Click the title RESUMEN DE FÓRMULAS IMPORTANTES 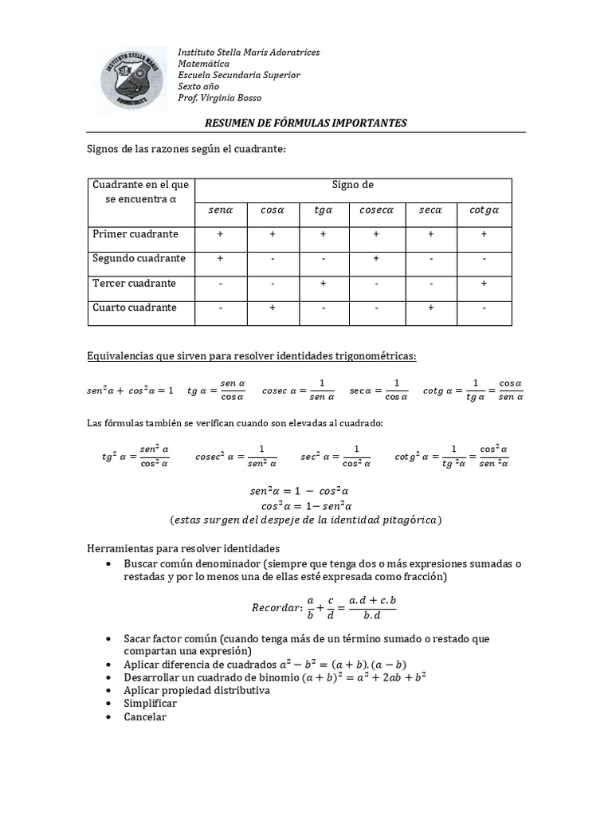[306, 123]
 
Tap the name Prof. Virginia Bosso [219, 98]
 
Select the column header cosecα [376, 210]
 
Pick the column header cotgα [484, 210]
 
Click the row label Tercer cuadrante [134, 284]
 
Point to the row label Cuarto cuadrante [134, 308]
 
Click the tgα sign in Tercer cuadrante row [324, 284]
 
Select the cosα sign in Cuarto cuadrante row [272, 308]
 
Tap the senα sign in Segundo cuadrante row [220, 259]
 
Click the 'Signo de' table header [352, 185]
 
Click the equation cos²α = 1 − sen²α [306, 506]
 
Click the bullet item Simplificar [150, 704]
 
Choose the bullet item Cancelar [145, 716]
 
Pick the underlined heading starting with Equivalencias [251, 354]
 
